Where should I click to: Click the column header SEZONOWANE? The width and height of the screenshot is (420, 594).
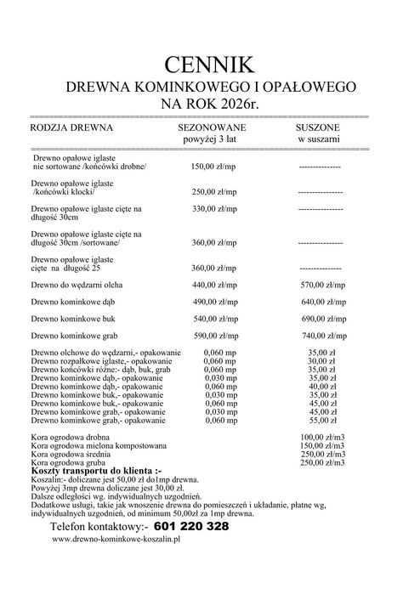(x=213, y=125)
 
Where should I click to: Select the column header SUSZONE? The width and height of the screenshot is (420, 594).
(x=319, y=125)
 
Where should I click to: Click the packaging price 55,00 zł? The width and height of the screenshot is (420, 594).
(x=319, y=421)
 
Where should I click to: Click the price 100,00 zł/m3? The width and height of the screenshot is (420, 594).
(x=322, y=437)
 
